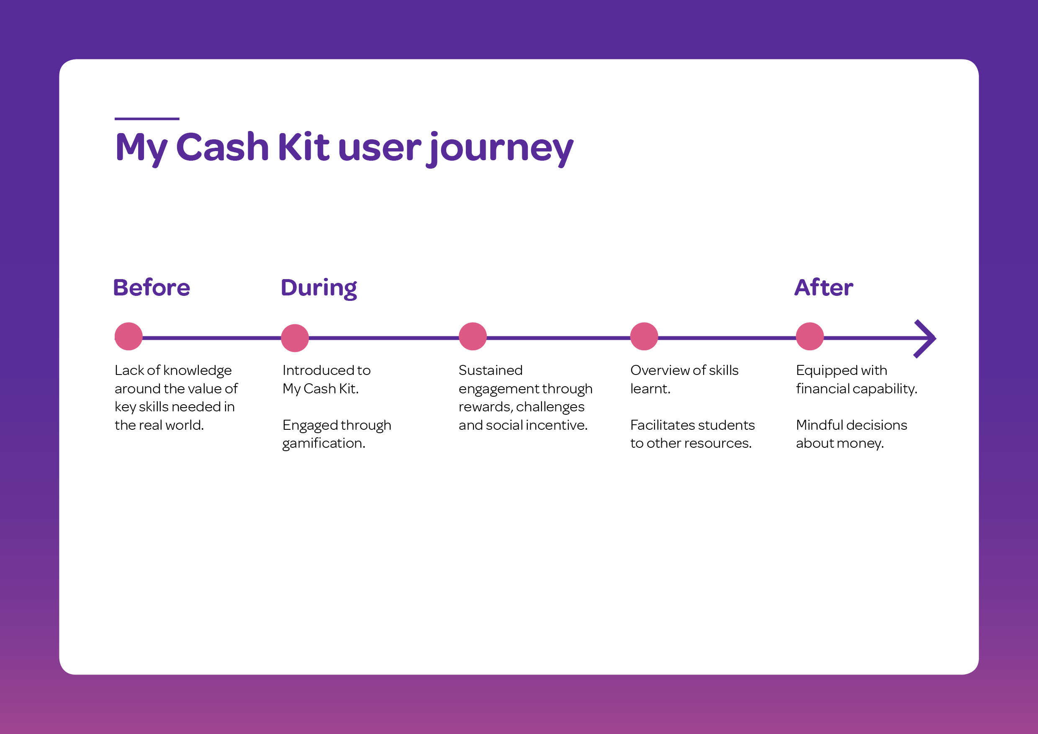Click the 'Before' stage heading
(152, 287)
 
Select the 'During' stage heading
(319, 289)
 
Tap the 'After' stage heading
(824, 287)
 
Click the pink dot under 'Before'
(128, 336)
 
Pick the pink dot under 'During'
(295, 338)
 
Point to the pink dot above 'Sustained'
(473, 336)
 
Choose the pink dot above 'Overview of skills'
(644, 336)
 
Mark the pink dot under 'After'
(810, 336)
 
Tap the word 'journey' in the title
(500, 149)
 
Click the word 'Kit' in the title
(303, 146)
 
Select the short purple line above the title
(147, 119)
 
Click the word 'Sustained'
(491, 370)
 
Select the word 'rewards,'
(485, 407)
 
